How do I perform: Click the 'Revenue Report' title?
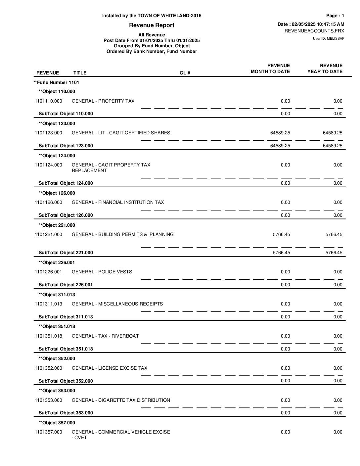coord(152,25)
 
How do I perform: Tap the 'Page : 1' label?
coord(335,16)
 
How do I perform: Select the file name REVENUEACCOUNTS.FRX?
coord(314,31)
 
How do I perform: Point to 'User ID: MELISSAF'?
coord(328,38)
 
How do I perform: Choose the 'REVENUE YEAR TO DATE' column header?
coord(325,69)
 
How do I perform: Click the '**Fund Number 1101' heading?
coord(56,82)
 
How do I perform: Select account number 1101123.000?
coord(48,133)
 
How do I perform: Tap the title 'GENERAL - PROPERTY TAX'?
coord(103,101)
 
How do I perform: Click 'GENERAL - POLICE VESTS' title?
coord(102,272)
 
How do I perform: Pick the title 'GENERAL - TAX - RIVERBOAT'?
coord(105,336)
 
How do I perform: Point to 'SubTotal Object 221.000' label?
coord(66,253)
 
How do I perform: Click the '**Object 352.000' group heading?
coord(57,358)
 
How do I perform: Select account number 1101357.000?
coord(48,432)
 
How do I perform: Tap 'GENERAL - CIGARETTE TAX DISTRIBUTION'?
coord(121,400)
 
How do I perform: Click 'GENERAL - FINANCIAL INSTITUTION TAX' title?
coord(117,202)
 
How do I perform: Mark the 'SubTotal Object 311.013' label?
coord(66,317)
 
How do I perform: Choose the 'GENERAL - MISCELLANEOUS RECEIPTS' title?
coord(117,304)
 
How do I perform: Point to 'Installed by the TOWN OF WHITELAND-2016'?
coord(152,16)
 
